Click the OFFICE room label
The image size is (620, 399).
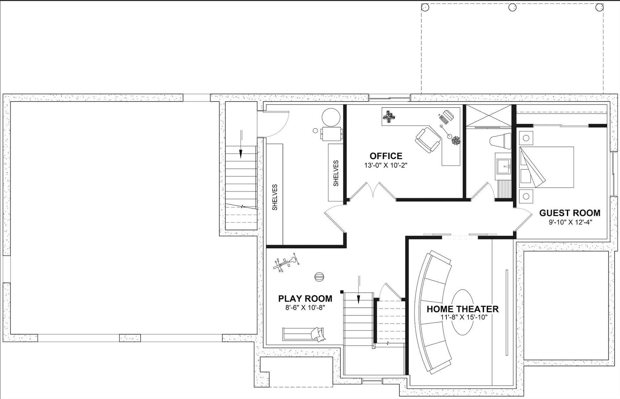[386, 156]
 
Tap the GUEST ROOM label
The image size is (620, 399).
[570, 213]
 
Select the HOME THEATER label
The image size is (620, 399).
[463, 309]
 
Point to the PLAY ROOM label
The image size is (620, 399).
[305, 299]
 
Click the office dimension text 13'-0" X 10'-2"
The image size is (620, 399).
[386, 165]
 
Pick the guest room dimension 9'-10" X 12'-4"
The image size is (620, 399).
[570, 222]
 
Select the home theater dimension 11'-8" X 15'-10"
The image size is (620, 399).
[464, 318]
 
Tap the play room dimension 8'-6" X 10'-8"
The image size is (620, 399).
[305, 308]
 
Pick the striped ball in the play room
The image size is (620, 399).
[319, 277]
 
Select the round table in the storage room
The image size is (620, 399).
[331, 117]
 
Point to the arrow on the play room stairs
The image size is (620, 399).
[359, 290]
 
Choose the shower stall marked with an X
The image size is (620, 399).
[488, 116]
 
